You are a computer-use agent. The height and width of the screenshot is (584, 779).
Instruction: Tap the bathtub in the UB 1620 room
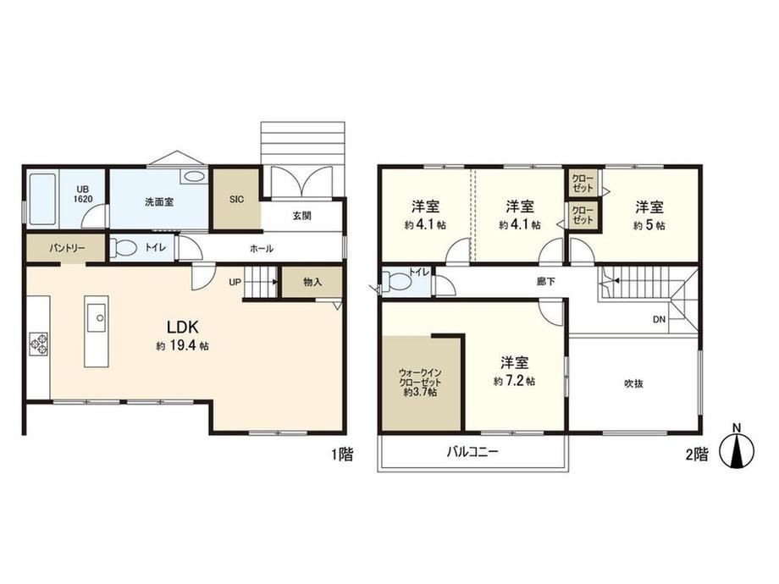pyautogui.click(x=42, y=199)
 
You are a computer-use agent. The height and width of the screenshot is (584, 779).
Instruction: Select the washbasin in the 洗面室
pyautogui.click(x=194, y=176)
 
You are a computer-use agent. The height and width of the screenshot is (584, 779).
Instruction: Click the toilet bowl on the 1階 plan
pyautogui.click(x=122, y=248)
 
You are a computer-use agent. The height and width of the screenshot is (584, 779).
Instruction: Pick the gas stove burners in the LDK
pyautogui.click(x=39, y=343)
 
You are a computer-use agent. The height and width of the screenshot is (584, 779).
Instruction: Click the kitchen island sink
pyautogui.click(x=97, y=318)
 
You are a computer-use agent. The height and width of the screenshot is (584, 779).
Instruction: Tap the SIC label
pyautogui.click(x=236, y=199)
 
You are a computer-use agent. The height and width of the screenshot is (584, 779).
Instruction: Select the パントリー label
pyautogui.click(x=67, y=248)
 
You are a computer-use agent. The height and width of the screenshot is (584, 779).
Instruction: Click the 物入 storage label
pyautogui.click(x=312, y=282)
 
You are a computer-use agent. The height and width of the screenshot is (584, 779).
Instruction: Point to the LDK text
pyautogui.click(x=182, y=327)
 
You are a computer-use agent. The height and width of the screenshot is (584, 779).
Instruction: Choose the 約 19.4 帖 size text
pyautogui.click(x=182, y=346)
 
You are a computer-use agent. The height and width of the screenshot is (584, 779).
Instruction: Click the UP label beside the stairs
pyautogui.click(x=235, y=282)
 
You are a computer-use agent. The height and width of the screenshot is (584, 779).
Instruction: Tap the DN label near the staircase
pyautogui.click(x=659, y=319)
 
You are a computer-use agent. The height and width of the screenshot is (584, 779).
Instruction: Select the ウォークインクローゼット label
pyautogui.click(x=420, y=382)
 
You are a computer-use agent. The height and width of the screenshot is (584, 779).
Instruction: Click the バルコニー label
pyautogui.click(x=472, y=452)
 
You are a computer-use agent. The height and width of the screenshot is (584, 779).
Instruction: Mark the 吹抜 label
pyautogui.click(x=633, y=383)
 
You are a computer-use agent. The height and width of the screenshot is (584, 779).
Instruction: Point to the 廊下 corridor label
pyautogui.click(x=545, y=282)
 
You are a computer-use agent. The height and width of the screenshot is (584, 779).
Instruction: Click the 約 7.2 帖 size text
pyautogui.click(x=514, y=382)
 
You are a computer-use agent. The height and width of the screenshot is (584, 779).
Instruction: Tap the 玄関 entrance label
pyautogui.click(x=301, y=216)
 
